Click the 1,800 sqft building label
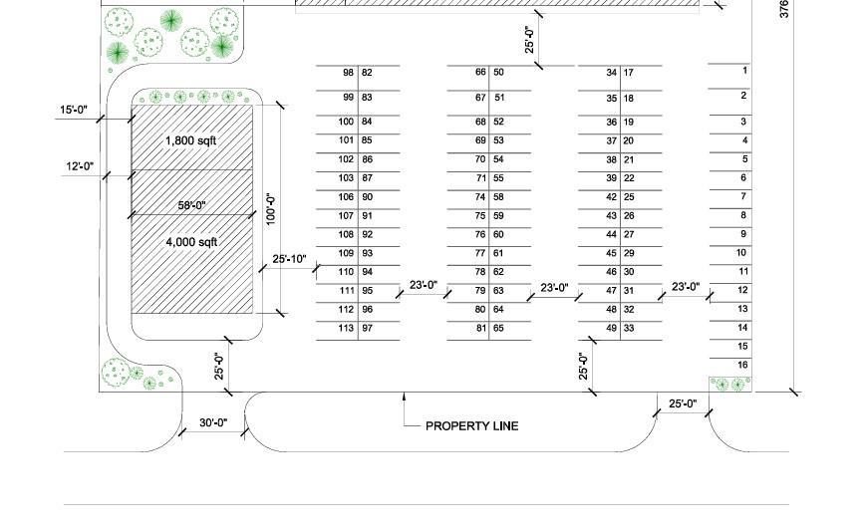click(190, 141)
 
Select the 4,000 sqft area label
click(191, 242)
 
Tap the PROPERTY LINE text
click(471, 426)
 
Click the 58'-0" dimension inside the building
click(192, 206)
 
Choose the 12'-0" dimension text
click(79, 166)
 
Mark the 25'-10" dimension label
click(289, 260)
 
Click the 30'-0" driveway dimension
click(213, 423)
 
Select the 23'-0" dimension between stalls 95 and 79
click(424, 286)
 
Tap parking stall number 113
click(346, 329)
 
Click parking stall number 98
click(348, 73)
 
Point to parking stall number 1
click(743, 71)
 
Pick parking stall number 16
click(742, 366)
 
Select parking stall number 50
click(498, 73)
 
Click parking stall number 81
click(480, 329)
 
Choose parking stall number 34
click(611, 73)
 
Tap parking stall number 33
click(629, 329)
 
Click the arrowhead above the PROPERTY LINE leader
click(404, 398)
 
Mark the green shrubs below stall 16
click(729, 384)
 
